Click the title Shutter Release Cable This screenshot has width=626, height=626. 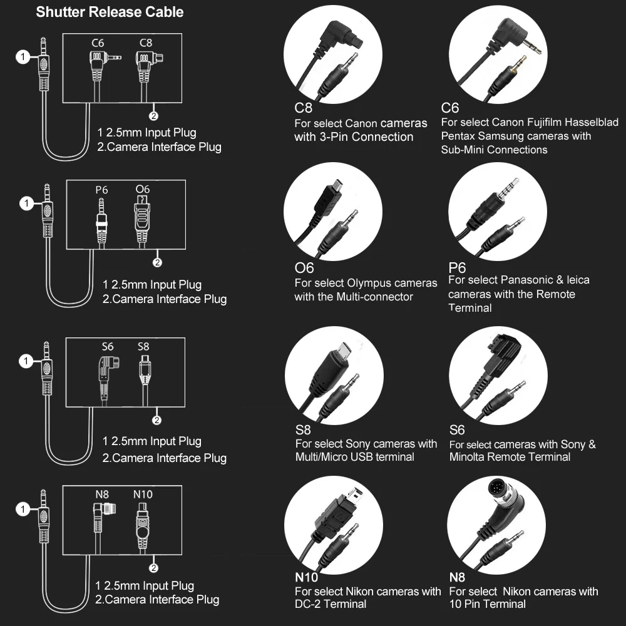[110, 12]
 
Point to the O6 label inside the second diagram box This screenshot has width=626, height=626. [143, 189]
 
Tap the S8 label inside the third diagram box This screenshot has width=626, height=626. [143, 346]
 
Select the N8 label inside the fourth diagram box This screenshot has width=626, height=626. [102, 494]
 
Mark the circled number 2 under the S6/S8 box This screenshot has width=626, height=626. [157, 420]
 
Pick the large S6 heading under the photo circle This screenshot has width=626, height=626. [457, 430]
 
